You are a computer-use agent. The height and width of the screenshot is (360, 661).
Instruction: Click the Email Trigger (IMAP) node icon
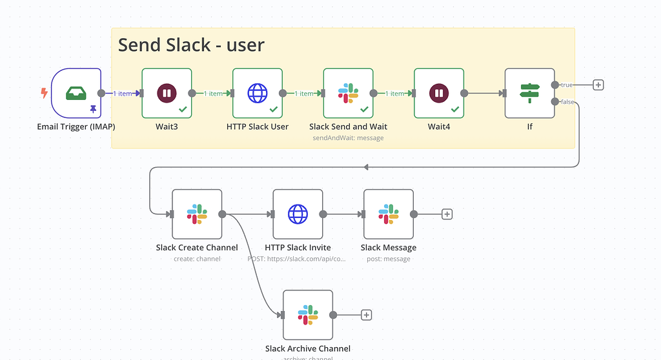pos(76,94)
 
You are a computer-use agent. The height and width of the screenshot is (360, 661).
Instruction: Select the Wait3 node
pos(167,94)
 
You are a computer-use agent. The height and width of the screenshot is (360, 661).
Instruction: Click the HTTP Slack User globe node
pos(258,94)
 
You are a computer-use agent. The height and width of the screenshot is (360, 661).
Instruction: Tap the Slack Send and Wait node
pos(348,94)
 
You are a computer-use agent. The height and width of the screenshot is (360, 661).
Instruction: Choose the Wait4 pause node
pos(439,94)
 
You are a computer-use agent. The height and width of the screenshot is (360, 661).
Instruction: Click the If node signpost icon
pos(529,94)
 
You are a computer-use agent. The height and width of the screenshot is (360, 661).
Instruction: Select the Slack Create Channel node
pos(197,214)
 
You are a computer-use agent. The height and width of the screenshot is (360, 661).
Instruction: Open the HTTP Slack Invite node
pos(298,214)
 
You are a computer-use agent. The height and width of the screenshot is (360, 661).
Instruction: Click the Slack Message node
pos(389,214)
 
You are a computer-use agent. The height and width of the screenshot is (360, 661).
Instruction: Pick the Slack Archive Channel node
pos(308,315)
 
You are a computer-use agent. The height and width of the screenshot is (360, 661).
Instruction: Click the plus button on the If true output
pos(598,85)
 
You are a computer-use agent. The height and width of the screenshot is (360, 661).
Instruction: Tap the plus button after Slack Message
pos(447,214)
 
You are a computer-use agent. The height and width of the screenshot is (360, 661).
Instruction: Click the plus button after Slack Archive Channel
pos(366,315)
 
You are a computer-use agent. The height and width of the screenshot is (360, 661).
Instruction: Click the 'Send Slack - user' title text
pos(191,45)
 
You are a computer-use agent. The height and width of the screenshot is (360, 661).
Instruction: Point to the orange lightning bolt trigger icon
pos(44,94)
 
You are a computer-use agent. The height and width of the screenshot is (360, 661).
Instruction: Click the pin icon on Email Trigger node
pos(93,110)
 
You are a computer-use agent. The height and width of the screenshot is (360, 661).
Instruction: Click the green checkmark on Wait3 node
pos(183,110)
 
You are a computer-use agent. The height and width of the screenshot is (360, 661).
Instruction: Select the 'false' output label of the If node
pos(567,102)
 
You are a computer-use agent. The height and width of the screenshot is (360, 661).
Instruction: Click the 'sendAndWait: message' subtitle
pos(348,138)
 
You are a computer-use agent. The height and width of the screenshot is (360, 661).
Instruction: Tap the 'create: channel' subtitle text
pos(197,259)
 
